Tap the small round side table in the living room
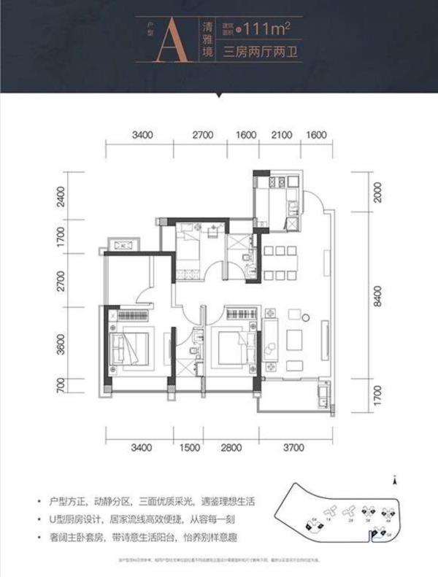pos(306,318)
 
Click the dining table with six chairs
pos(280,264)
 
